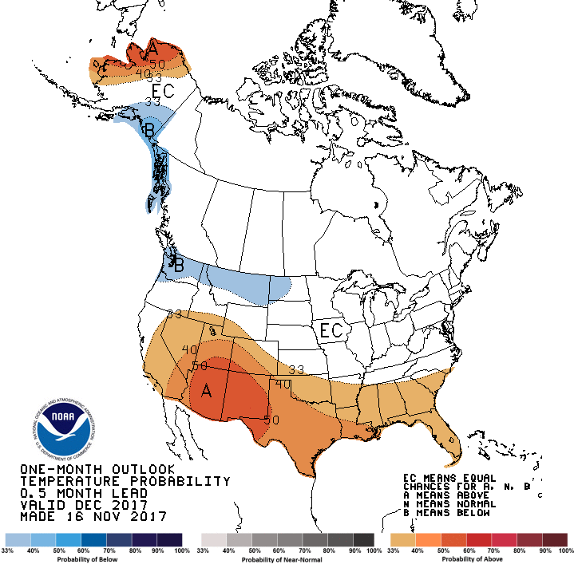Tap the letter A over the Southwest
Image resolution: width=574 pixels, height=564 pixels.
(207, 391)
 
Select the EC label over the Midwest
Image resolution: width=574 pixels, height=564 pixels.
(331, 329)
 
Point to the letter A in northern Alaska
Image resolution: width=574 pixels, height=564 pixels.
(152, 51)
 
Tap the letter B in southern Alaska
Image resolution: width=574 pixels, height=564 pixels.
(148, 128)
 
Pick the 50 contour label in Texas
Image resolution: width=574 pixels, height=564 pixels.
(271, 419)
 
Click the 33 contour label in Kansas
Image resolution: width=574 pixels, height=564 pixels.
(296, 369)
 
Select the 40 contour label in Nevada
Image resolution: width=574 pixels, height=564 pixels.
(190, 349)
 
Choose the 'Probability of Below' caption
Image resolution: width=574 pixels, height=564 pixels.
(93, 558)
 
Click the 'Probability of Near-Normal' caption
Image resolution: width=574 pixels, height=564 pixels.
(287, 558)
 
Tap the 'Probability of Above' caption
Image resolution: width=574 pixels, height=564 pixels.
(478, 558)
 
